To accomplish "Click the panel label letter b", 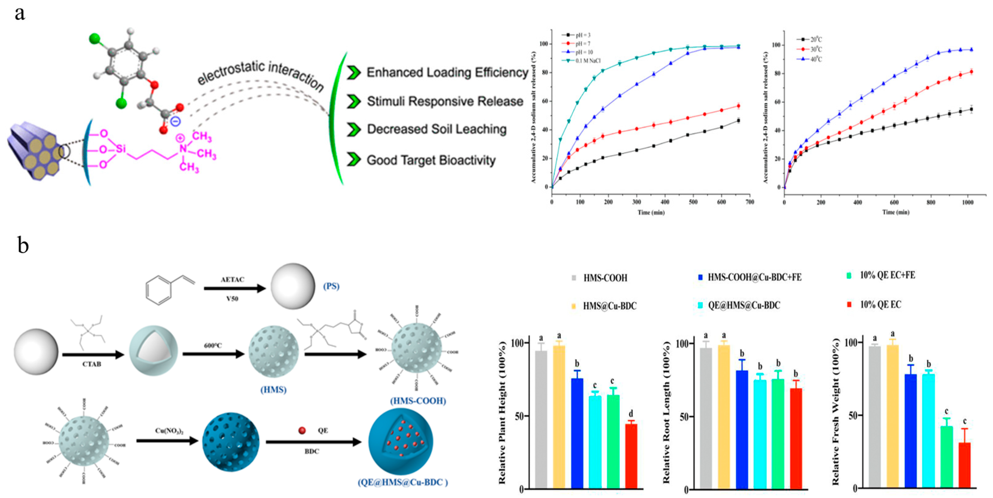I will [x=23, y=245].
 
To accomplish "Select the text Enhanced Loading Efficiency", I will [x=447, y=73].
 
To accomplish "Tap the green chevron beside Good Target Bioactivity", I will [x=354, y=159].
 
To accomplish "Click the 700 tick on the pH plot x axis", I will [x=750, y=202].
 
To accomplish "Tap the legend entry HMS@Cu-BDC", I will [x=609, y=306].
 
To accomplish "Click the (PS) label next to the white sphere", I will [x=331, y=286].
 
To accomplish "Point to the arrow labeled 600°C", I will [x=213, y=353].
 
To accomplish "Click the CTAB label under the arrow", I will [x=92, y=364].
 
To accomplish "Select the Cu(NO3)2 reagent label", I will [x=169, y=430].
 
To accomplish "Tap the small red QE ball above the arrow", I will [x=302, y=430].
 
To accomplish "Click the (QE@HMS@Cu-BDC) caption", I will [x=403, y=482].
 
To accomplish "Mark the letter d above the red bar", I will [x=631, y=414].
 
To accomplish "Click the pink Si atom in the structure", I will [x=121, y=149].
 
